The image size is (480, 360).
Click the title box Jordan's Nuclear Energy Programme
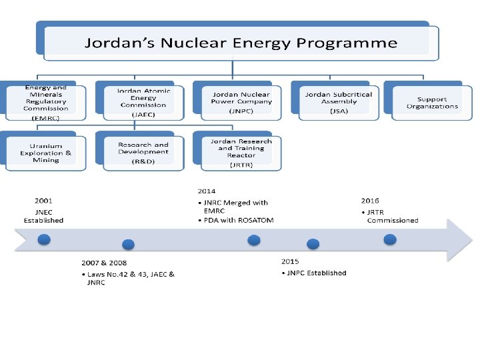[x=240, y=43]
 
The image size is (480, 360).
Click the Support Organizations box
[x=432, y=103]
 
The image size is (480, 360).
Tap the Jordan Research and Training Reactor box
[x=241, y=151]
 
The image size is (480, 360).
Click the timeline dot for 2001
[x=44, y=239]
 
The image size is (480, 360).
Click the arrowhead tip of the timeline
[x=471, y=241]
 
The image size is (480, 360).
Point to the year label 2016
[x=370, y=200]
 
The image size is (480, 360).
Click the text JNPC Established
[x=317, y=273]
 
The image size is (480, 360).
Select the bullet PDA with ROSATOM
[x=238, y=220]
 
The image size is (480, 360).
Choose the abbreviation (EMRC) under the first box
[x=46, y=117]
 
